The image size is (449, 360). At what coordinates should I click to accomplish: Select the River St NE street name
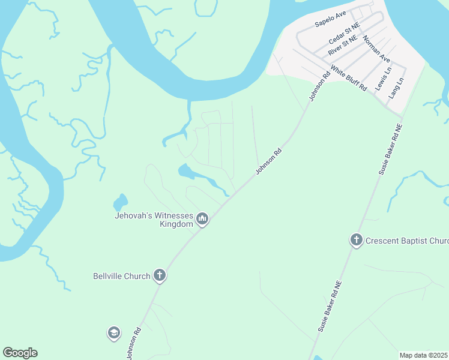click(x=342, y=46)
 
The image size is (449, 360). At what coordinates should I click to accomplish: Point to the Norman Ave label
click(x=377, y=53)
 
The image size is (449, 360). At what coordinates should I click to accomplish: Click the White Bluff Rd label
click(x=349, y=78)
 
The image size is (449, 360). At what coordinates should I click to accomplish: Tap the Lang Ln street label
click(x=396, y=88)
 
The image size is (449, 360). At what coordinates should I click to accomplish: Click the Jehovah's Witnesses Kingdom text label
click(x=154, y=220)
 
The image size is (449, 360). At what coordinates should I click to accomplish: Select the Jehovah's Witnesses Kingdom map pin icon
click(x=203, y=220)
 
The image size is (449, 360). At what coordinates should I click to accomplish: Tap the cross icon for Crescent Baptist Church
click(x=356, y=241)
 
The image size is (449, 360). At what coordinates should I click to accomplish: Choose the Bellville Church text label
click(x=121, y=277)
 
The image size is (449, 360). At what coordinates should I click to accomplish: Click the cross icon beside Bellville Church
click(x=159, y=276)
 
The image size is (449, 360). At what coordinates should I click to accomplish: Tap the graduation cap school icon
click(x=114, y=333)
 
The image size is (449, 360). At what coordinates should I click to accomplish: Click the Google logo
click(x=20, y=353)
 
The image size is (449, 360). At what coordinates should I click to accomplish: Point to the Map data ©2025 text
click(x=423, y=355)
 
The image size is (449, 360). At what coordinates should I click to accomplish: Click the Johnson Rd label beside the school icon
click(x=134, y=342)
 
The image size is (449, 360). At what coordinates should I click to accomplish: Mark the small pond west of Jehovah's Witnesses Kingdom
click(x=121, y=202)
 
